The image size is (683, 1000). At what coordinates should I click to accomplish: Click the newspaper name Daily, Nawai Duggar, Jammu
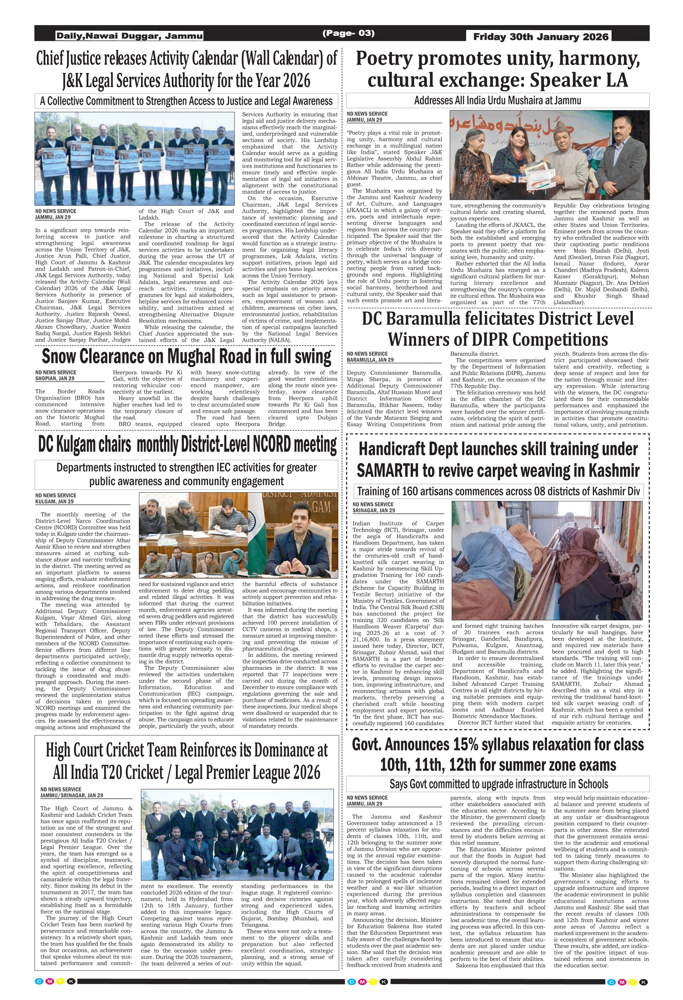(x=129, y=36)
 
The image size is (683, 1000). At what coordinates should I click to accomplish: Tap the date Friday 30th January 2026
(x=540, y=37)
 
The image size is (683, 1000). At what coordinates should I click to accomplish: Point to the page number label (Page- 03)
(x=348, y=33)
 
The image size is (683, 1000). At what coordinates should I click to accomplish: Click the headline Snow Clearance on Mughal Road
(x=187, y=357)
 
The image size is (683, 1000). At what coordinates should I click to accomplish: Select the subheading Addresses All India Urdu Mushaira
(x=498, y=101)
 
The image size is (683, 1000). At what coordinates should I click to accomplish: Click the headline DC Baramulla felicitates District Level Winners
(x=498, y=329)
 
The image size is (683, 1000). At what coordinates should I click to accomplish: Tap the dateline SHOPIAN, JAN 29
(x=55, y=378)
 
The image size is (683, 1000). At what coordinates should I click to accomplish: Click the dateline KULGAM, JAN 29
(x=54, y=501)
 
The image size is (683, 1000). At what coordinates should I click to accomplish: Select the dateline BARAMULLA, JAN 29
(x=370, y=360)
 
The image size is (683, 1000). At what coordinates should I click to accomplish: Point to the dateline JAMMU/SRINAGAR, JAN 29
(x=71, y=796)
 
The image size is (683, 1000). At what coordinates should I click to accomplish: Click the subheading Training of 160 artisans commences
(x=499, y=491)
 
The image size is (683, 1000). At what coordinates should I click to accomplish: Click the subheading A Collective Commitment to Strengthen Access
(x=186, y=101)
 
